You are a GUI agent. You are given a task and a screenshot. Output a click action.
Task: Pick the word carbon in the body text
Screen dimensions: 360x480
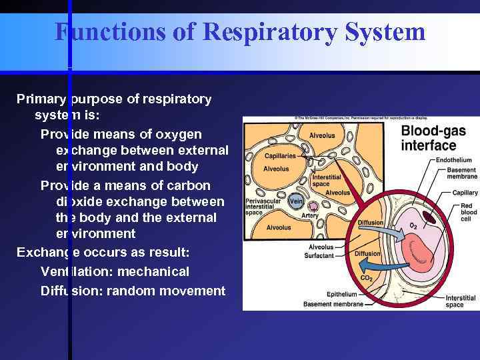tap(187, 185)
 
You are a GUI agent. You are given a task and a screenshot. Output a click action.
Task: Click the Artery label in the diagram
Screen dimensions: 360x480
tap(310, 215)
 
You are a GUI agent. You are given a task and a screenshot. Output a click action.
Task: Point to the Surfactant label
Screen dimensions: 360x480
tap(319, 255)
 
